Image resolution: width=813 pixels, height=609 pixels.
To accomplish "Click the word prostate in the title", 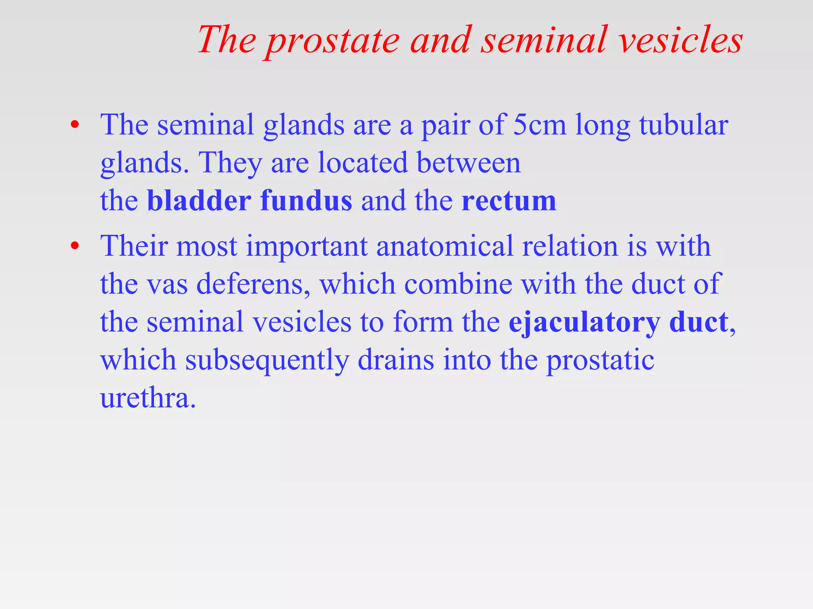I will click(x=333, y=41).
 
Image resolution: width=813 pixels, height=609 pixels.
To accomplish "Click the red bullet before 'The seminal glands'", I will click(x=75, y=125).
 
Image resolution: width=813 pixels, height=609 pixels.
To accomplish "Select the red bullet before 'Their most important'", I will click(x=75, y=246).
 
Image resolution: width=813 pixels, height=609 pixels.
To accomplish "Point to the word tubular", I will click(x=684, y=125).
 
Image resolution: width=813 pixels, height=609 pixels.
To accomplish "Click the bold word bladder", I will click(x=199, y=201).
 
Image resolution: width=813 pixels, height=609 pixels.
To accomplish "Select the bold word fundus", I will click(x=306, y=201).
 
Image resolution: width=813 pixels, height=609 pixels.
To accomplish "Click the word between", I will click(x=468, y=163).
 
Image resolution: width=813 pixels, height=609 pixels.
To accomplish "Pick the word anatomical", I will click(x=445, y=246).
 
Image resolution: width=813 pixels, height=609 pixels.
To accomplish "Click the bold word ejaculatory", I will click(x=584, y=322).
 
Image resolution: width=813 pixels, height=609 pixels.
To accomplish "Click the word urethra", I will click(x=148, y=398).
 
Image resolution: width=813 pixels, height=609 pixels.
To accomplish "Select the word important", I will click(x=306, y=247).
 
